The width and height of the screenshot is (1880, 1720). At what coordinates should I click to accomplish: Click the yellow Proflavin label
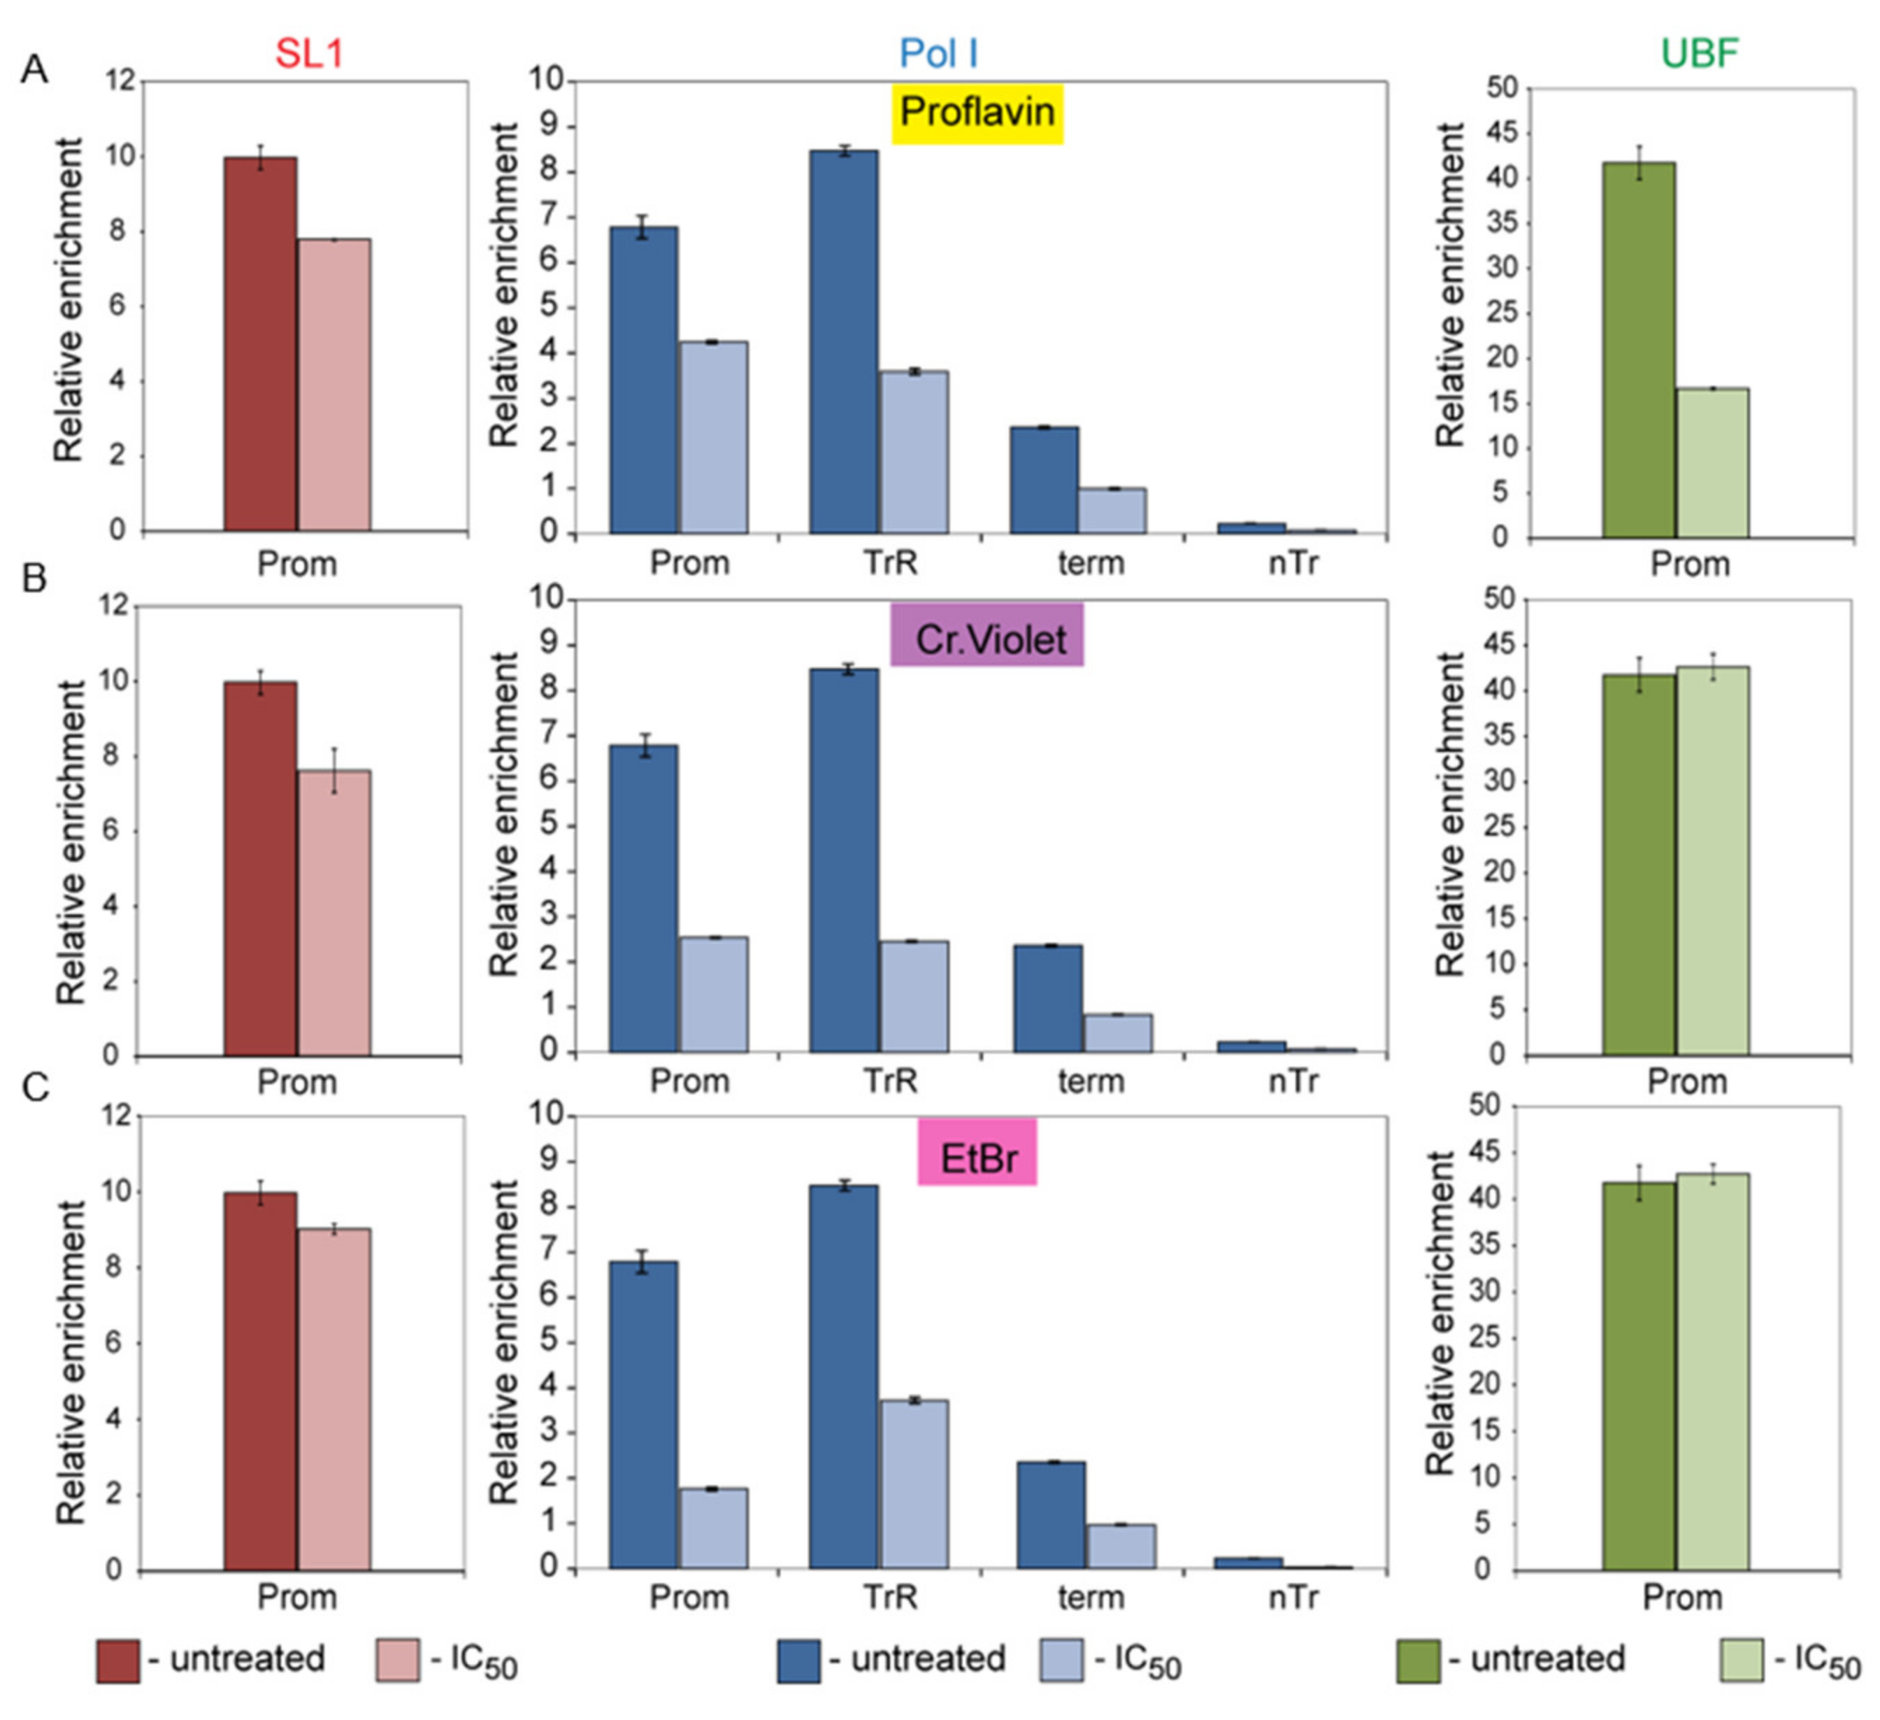[x=977, y=113]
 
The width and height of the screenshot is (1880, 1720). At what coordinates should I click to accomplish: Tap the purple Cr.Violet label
[x=986, y=638]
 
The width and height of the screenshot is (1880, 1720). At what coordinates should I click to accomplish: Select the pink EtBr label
[x=977, y=1158]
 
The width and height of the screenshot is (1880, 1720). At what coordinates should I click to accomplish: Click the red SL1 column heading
[x=308, y=53]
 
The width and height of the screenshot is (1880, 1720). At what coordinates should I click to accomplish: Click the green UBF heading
[x=1699, y=53]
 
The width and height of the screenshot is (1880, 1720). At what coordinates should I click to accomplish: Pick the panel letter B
[x=34, y=578]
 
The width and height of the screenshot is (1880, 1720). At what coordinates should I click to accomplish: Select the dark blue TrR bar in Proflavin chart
[x=843, y=341]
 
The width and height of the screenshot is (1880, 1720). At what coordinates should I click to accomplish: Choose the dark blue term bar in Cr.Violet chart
[x=1047, y=998]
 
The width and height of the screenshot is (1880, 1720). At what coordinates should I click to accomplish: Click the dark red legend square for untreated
[x=117, y=1661]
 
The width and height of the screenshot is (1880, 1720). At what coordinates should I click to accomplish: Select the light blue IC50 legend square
[x=1061, y=1661]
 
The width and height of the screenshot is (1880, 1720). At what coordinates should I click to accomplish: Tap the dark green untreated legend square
[x=1417, y=1661]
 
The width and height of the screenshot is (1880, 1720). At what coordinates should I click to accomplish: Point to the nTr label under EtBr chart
[x=1293, y=1598]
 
